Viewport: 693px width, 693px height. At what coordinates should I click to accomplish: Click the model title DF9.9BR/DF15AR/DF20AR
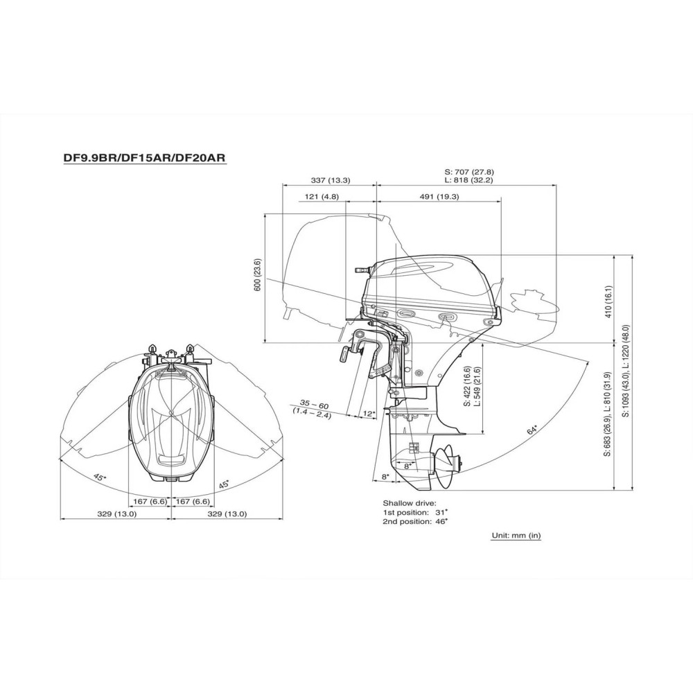click(145, 158)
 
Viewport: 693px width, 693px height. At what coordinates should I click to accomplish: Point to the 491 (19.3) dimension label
click(439, 197)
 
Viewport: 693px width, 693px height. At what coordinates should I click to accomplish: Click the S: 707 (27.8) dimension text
click(468, 171)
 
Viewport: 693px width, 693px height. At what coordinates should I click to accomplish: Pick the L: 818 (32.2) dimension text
click(468, 180)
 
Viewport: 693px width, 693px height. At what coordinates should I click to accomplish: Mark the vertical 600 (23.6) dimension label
click(257, 274)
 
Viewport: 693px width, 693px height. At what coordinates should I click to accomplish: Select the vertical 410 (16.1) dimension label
click(608, 301)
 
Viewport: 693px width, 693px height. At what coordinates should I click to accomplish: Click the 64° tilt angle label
click(533, 430)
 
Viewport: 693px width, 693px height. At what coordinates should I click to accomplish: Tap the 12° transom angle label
click(369, 414)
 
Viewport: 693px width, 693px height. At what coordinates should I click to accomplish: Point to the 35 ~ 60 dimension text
click(314, 404)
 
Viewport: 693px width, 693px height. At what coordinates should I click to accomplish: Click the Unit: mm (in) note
click(516, 536)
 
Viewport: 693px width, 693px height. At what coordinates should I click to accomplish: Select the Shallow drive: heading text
click(410, 502)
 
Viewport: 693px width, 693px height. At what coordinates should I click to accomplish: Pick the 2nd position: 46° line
click(414, 520)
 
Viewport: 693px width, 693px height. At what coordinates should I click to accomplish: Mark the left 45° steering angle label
click(100, 477)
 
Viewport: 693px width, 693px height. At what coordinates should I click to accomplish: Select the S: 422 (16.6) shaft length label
click(468, 385)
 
